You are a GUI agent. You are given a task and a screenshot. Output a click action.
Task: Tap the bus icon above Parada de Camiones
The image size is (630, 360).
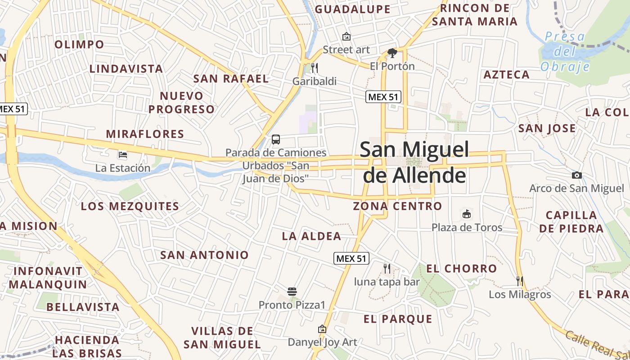276,139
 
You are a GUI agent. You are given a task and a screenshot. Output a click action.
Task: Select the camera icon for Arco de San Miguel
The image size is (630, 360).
576,175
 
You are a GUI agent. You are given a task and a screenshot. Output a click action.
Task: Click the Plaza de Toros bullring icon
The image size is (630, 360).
467,214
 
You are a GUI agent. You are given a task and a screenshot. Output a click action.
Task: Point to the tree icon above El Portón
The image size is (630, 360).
392,53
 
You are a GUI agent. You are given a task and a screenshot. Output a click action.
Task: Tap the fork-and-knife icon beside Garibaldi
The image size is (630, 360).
315,68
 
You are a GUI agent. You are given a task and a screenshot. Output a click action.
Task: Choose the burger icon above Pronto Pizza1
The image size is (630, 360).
292,292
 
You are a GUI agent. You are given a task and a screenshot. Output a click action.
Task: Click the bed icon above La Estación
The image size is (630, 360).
122,155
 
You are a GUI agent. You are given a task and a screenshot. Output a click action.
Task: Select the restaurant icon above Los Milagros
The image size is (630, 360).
520,281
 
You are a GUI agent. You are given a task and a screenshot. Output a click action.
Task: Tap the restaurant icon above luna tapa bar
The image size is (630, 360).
387,269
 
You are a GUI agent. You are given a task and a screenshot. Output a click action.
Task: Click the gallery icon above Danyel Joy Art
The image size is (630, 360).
322,329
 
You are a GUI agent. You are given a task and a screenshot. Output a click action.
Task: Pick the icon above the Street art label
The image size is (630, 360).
346,36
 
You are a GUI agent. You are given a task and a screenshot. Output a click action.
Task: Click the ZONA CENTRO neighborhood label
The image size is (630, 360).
397,206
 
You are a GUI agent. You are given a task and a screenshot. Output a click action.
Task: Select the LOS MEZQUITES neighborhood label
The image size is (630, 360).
130,207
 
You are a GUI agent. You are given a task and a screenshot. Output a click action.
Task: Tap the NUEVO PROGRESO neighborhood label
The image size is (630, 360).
182,103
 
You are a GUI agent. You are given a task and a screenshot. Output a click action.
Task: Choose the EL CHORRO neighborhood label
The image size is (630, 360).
462,269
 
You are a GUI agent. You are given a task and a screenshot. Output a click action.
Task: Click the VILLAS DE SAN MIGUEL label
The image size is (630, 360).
222,337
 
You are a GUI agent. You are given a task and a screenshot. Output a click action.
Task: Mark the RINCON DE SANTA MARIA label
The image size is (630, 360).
475,14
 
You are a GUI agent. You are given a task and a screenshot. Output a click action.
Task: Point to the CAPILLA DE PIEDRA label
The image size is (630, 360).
571,221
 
